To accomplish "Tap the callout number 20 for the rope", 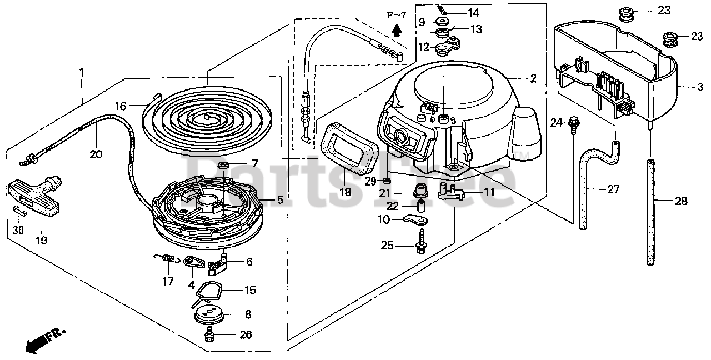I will click(96, 155).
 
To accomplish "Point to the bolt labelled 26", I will click(209, 334).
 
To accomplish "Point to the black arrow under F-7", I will click(396, 30).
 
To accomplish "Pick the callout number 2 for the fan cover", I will click(533, 78).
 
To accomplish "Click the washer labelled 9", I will click(443, 21).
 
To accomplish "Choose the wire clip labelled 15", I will click(209, 291).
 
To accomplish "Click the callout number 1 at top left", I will click(82, 73).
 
